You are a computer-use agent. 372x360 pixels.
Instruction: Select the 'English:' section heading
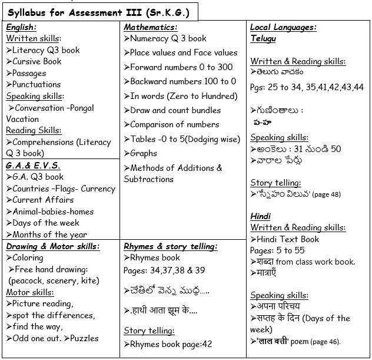[21, 27]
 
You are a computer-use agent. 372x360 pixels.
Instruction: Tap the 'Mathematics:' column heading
[151, 27]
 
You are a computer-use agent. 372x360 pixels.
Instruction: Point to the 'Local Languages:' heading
[283, 27]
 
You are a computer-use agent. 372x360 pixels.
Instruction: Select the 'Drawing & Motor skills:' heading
[53, 246]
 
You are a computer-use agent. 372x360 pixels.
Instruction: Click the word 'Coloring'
[28, 257]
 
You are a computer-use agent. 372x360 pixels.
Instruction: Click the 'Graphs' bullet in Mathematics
[144, 153]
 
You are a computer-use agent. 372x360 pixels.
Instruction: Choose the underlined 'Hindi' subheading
[260, 216]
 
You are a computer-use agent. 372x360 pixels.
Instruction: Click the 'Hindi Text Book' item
[288, 239]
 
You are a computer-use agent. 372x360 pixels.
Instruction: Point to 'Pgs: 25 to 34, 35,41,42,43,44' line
[307, 87]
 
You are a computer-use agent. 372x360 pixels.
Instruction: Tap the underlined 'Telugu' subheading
[263, 38]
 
